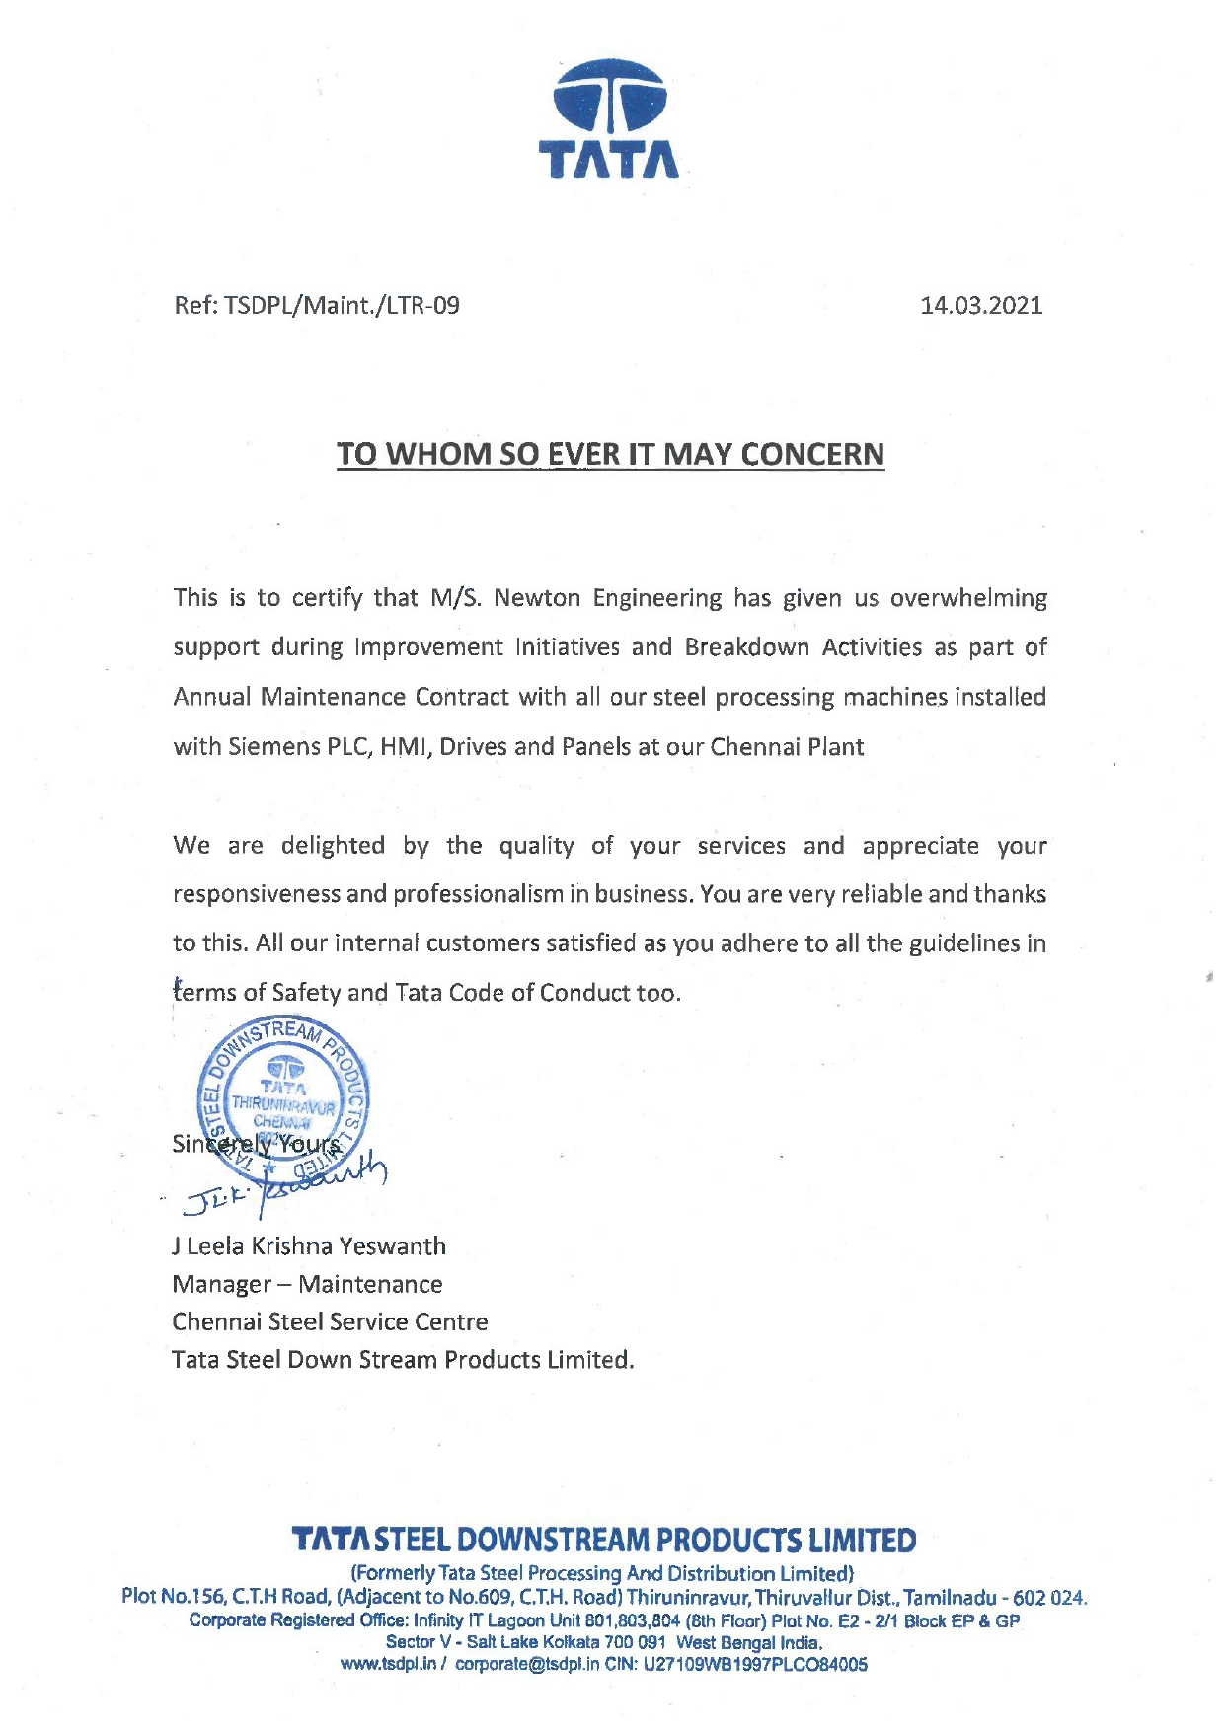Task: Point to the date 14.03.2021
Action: point(981,305)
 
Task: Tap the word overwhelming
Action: point(968,598)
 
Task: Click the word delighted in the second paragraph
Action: point(333,846)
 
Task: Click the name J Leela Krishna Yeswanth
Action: point(309,1246)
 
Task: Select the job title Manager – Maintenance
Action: point(307,1284)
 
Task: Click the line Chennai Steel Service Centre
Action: point(330,1321)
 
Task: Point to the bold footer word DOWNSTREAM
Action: point(555,1541)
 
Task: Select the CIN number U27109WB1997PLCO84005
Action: point(755,1664)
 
